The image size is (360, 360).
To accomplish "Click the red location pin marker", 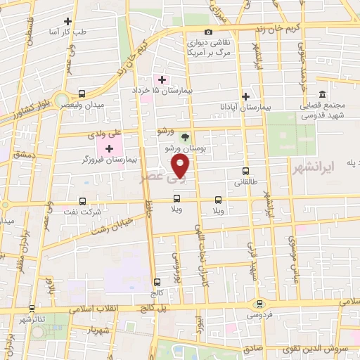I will (x=181, y=166).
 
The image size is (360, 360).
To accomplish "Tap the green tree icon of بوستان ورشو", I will (x=186, y=137).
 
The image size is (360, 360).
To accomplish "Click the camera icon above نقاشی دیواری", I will (x=208, y=32).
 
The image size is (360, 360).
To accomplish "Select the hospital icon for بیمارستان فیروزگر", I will (x=108, y=148).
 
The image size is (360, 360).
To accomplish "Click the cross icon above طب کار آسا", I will (x=67, y=22).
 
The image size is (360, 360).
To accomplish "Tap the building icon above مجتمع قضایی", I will (x=322, y=95).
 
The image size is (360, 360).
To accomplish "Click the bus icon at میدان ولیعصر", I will (x=82, y=94).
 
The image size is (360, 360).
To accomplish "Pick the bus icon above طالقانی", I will (x=245, y=170).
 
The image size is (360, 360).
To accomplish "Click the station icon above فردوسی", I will (x=260, y=303).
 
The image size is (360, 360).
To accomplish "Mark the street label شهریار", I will (x=97, y=328).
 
